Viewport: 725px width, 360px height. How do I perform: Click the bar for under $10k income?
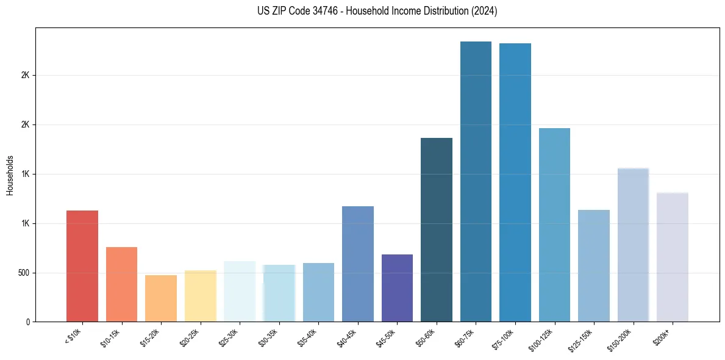(82, 266)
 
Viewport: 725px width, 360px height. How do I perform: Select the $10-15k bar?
(121, 284)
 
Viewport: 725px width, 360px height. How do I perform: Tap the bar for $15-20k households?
(161, 298)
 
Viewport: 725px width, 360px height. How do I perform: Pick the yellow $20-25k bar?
(200, 296)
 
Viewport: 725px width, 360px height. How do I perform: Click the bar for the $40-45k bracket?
(357, 264)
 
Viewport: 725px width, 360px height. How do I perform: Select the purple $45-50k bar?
(397, 288)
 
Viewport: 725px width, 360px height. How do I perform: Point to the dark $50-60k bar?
(437, 229)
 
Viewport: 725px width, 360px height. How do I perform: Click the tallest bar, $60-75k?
(476, 181)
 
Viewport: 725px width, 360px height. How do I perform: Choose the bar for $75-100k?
(515, 182)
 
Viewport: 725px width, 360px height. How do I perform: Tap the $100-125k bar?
(554, 225)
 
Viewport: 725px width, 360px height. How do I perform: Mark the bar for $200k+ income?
(673, 257)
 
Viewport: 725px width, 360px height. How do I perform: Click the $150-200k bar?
(633, 245)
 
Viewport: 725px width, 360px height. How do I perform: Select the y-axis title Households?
(10, 175)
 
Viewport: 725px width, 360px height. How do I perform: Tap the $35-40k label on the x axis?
(309, 337)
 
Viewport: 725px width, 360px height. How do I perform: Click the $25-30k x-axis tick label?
(230, 337)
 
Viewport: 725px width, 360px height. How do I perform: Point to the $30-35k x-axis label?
(269, 337)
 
